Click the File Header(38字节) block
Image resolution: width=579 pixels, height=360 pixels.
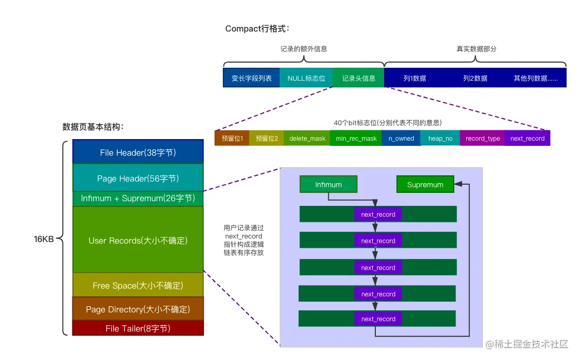click(138, 153)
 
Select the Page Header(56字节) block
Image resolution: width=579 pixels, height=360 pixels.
click(138, 178)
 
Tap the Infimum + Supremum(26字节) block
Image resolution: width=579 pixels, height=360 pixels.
click(138, 199)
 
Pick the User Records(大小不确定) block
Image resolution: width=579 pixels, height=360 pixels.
click(138, 241)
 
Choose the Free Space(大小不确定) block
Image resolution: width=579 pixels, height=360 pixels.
click(138, 286)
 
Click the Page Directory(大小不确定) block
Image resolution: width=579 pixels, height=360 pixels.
click(138, 309)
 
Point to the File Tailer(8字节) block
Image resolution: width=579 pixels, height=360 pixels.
click(138, 328)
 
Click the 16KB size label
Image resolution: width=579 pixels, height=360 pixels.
click(44, 239)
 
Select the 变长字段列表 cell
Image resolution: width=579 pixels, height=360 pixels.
click(251, 78)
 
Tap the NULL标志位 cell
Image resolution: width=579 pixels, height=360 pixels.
click(306, 78)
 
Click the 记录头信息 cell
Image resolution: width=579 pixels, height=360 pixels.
click(358, 78)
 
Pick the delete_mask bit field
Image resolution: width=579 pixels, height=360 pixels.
click(307, 139)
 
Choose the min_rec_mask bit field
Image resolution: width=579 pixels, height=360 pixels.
click(356, 139)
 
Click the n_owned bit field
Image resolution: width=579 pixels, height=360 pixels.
click(401, 139)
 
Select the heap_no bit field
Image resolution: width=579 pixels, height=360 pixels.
click(440, 139)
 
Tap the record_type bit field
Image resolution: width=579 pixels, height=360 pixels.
click(482, 139)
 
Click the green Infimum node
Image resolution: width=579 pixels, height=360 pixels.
click(328, 185)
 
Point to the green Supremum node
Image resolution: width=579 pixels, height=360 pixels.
click(425, 185)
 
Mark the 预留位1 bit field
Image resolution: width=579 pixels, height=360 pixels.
click(232, 139)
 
